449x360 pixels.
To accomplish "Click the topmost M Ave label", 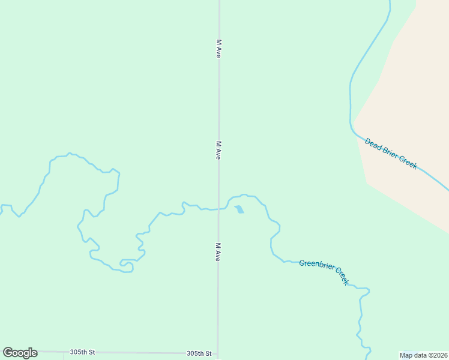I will pyautogui.click(x=219, y=49).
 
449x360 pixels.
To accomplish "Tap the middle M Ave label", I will pyautogui.click(x=219, y=150).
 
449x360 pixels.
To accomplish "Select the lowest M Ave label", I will pyautogui.click(x=218, y=251).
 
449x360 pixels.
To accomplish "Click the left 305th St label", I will pyautogui.click(x=82, y=352).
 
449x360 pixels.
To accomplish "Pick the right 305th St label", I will pyautogui.click(x=199, y=354).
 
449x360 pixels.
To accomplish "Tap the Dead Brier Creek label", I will pyautogui.click(x=391, y=154).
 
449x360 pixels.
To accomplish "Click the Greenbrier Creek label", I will pyautogui.click(x=324, y=272).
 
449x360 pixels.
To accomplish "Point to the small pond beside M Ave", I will pyautogui.click(x=240, y=209).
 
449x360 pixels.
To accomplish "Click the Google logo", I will pyautogui.click(x=20, y=353).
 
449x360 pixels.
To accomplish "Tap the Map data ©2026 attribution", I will pyautogui.click(x=423, y=355).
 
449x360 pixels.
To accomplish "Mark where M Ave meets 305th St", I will pyautogui.click(x=217, y=354).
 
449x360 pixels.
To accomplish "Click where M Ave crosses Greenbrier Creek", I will pyautogui.click(x=218, y=209).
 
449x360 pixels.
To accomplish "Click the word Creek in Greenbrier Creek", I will pyautogui.click(x=341, y=276).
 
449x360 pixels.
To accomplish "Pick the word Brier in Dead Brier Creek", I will pyautogui.click(x=390, y=153).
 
